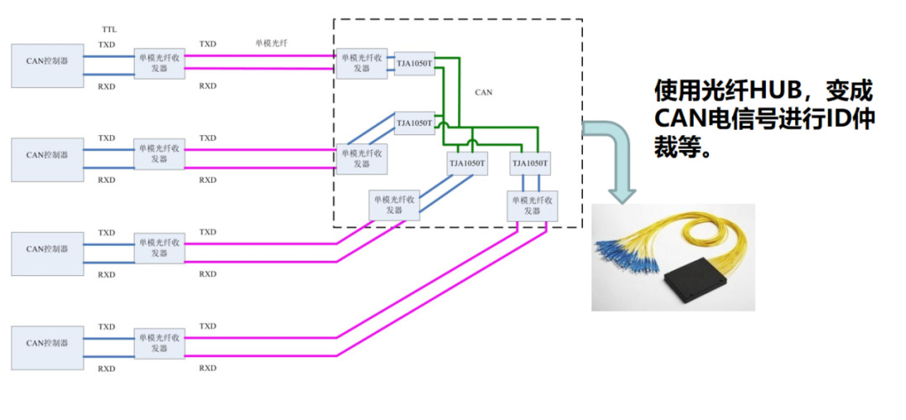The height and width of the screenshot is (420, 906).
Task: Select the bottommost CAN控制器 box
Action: click(47, 345)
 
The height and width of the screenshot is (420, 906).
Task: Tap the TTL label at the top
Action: click(108, 29)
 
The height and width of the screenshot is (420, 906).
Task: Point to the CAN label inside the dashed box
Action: click(483, 92)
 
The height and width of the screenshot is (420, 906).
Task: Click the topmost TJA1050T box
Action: click(414, 63)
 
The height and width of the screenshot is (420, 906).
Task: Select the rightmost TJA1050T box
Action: click(530, 163)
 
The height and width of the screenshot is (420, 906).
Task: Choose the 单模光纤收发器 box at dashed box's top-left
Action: click(362, 63)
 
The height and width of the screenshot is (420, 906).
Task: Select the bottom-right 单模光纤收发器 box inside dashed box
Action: click(532, 205)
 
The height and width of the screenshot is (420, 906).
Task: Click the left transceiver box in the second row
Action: click(159, 157)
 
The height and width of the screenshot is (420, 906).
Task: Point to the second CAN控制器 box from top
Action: click(47, 156)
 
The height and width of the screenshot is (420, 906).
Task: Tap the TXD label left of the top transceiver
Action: click(107, 44)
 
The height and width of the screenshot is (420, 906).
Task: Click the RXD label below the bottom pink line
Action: click(207, 368)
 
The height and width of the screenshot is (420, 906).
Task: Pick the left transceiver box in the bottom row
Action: click(159, 345)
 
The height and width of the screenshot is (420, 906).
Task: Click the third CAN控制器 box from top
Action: click(47, 250)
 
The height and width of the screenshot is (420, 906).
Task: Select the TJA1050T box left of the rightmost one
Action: click(466, 163)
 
